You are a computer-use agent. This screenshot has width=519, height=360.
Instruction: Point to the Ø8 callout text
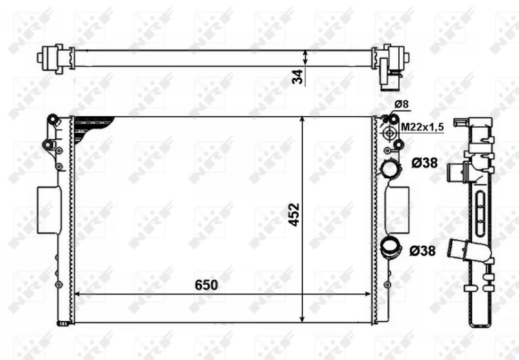(402, 104)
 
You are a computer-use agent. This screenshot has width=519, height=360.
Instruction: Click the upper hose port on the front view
(391, 168)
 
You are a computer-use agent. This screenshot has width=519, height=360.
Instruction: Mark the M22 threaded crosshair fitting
(390, 133)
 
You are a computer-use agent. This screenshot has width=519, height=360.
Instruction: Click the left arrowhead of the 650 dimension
(77, 294)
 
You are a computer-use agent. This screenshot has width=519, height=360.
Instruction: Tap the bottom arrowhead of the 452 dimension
(303, 317)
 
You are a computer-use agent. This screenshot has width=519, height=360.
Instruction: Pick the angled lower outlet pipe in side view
(464, 250)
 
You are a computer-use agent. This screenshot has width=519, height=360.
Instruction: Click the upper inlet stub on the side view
(457, 171)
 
